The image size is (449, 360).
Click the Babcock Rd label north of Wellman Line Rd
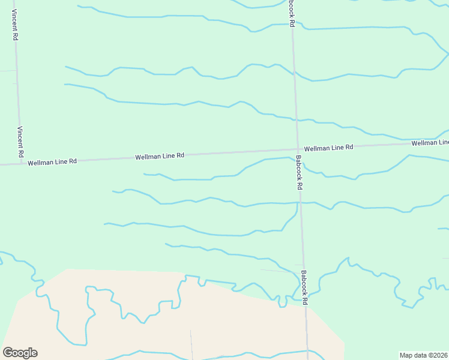click(292, 14)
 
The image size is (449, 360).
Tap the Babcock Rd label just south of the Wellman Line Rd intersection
click(298, 173)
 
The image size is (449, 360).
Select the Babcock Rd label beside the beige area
click(304, 287)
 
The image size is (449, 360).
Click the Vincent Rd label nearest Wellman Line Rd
click(20, 142)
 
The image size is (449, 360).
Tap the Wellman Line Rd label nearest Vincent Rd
click(53, 161)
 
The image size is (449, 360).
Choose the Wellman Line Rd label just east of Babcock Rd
click(328, 148)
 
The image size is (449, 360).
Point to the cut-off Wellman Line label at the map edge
click(430, 143)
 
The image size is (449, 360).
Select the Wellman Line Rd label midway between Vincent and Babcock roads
click(159, 157)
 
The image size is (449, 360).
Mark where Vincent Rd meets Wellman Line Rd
click(22, 163)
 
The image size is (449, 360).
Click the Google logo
click(20, 353)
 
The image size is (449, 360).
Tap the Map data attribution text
click(423, 355)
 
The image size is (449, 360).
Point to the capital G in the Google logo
click(8, 353)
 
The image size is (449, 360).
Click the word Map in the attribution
click(406, 355)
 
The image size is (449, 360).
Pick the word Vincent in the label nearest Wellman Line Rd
click(20, 139)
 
